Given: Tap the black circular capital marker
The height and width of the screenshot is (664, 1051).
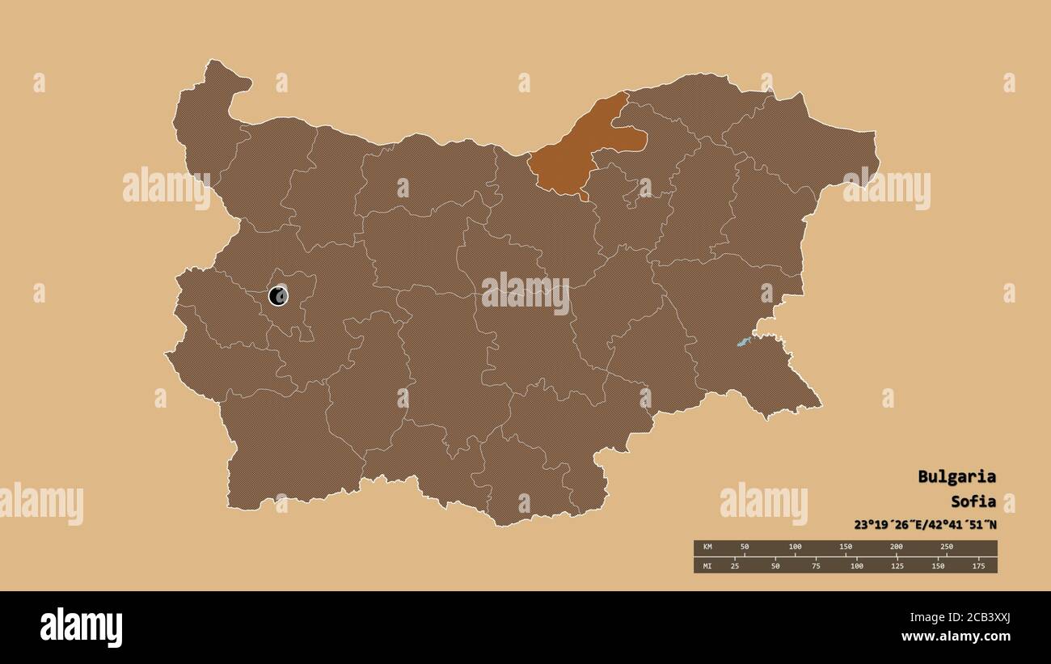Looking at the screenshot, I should click(x=278, y=295).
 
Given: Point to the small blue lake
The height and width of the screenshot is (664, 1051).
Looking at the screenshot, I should click(x=743, y=342).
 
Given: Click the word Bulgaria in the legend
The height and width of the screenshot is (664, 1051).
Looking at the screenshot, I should click(x=956, y=476).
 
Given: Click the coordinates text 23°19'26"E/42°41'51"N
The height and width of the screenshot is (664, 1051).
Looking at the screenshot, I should click(x=925, y=524).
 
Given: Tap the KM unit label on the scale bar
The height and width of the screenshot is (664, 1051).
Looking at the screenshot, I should click(x=707, y=547).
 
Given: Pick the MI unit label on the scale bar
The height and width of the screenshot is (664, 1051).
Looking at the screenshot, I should click(x=707, y=565).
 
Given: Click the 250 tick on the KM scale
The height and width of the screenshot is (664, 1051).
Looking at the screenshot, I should click(x=947, y=547).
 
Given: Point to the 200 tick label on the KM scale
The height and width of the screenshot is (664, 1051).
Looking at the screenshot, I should click(x=896, y=547).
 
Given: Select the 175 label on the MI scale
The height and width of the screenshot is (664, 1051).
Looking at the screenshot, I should click(x=978, y=565).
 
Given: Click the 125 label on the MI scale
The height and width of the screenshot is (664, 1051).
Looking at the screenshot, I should click(x=897, y=565).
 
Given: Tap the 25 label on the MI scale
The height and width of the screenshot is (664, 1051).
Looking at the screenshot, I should click(x=735, y=565).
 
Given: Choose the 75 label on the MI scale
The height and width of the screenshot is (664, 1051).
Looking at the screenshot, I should click(x=816, y=565).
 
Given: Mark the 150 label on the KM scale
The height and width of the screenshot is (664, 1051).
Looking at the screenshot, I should click(x=846, y=547).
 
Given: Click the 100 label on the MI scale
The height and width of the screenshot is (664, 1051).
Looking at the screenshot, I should click(x=856, y=565).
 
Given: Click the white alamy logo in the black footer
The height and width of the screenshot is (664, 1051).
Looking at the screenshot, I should click(x=82, y=628).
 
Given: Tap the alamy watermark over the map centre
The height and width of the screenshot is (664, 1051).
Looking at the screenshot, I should click(x=525, y=294).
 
